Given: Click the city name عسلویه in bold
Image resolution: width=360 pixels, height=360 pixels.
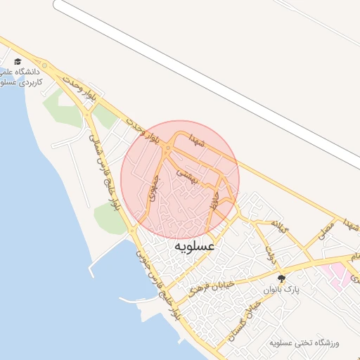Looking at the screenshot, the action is click(194, 247).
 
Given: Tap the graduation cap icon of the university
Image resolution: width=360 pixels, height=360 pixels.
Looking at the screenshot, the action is click(18, 62).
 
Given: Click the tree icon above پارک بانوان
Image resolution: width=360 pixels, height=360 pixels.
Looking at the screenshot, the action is click(282, 278).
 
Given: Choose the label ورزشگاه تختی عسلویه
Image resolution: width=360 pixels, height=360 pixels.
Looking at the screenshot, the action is click(304, 343).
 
